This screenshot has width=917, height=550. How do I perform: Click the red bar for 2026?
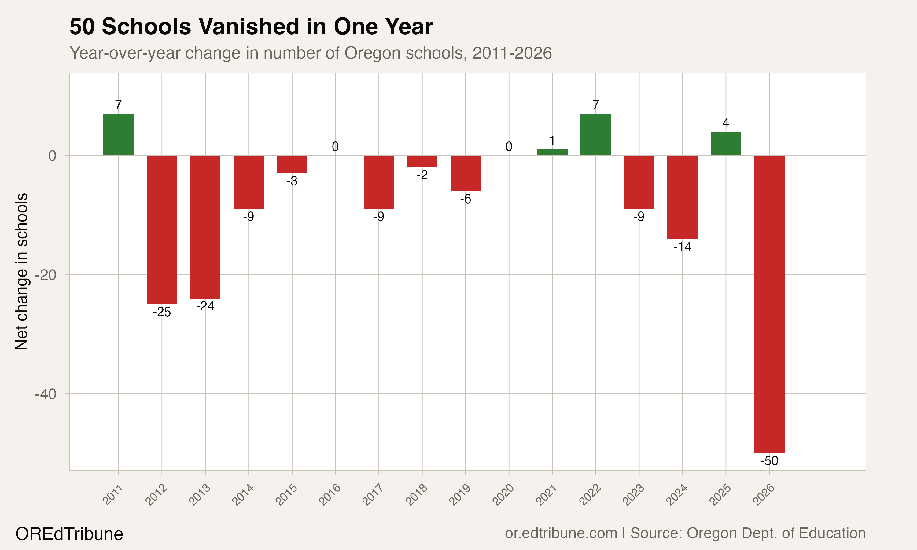click(769, 304)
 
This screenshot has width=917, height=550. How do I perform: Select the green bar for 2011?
click(118, 134)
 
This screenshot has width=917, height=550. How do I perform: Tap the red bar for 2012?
click(162, 230)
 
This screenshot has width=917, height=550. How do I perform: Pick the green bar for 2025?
click(726, 143)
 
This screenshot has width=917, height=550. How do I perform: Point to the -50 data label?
click(769, 461)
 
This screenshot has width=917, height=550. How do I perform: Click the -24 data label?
click(205, 306)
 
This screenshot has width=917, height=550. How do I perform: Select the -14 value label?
click(682, 247)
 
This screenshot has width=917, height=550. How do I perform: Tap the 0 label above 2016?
click(335, 147)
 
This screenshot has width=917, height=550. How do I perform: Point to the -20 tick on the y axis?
click(46, 275)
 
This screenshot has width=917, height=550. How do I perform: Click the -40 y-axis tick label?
click(46, 394)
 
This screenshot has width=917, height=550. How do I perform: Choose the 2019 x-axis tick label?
click(460, 495)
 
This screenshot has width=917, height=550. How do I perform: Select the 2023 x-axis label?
click(633, 495)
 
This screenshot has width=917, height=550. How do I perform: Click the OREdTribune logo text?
click(69, 534)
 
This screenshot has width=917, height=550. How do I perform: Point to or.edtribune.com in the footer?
click(561, 533)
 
